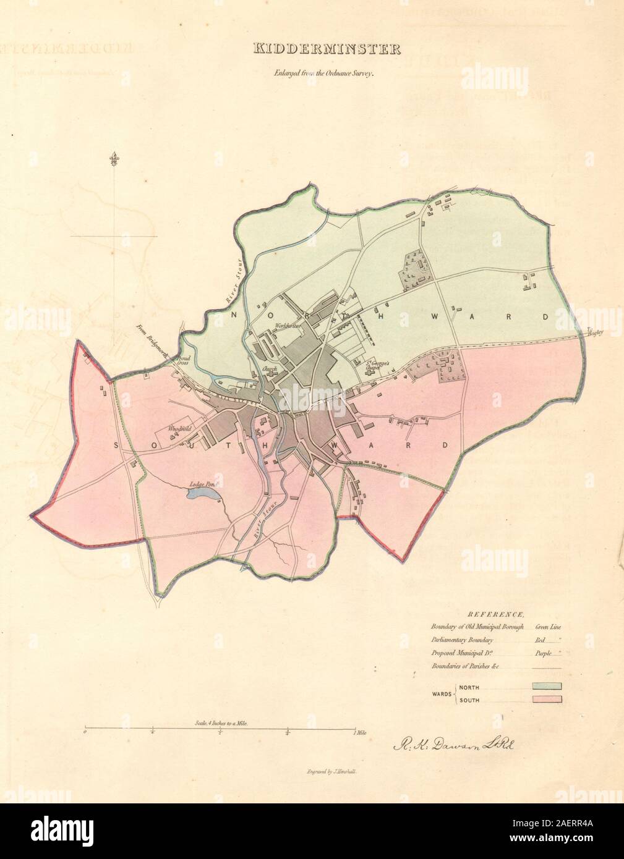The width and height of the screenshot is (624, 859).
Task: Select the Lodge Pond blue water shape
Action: [202, 494]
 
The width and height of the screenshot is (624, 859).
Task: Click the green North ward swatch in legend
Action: [544, 686]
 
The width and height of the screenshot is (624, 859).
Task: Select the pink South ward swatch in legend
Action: [544, 700]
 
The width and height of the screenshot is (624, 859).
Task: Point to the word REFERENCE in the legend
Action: [496, 614]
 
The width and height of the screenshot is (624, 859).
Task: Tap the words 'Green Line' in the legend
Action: [547, 627]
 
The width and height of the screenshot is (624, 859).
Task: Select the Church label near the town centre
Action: [268, 369]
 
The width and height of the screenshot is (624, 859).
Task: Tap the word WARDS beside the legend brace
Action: [441, 693]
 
